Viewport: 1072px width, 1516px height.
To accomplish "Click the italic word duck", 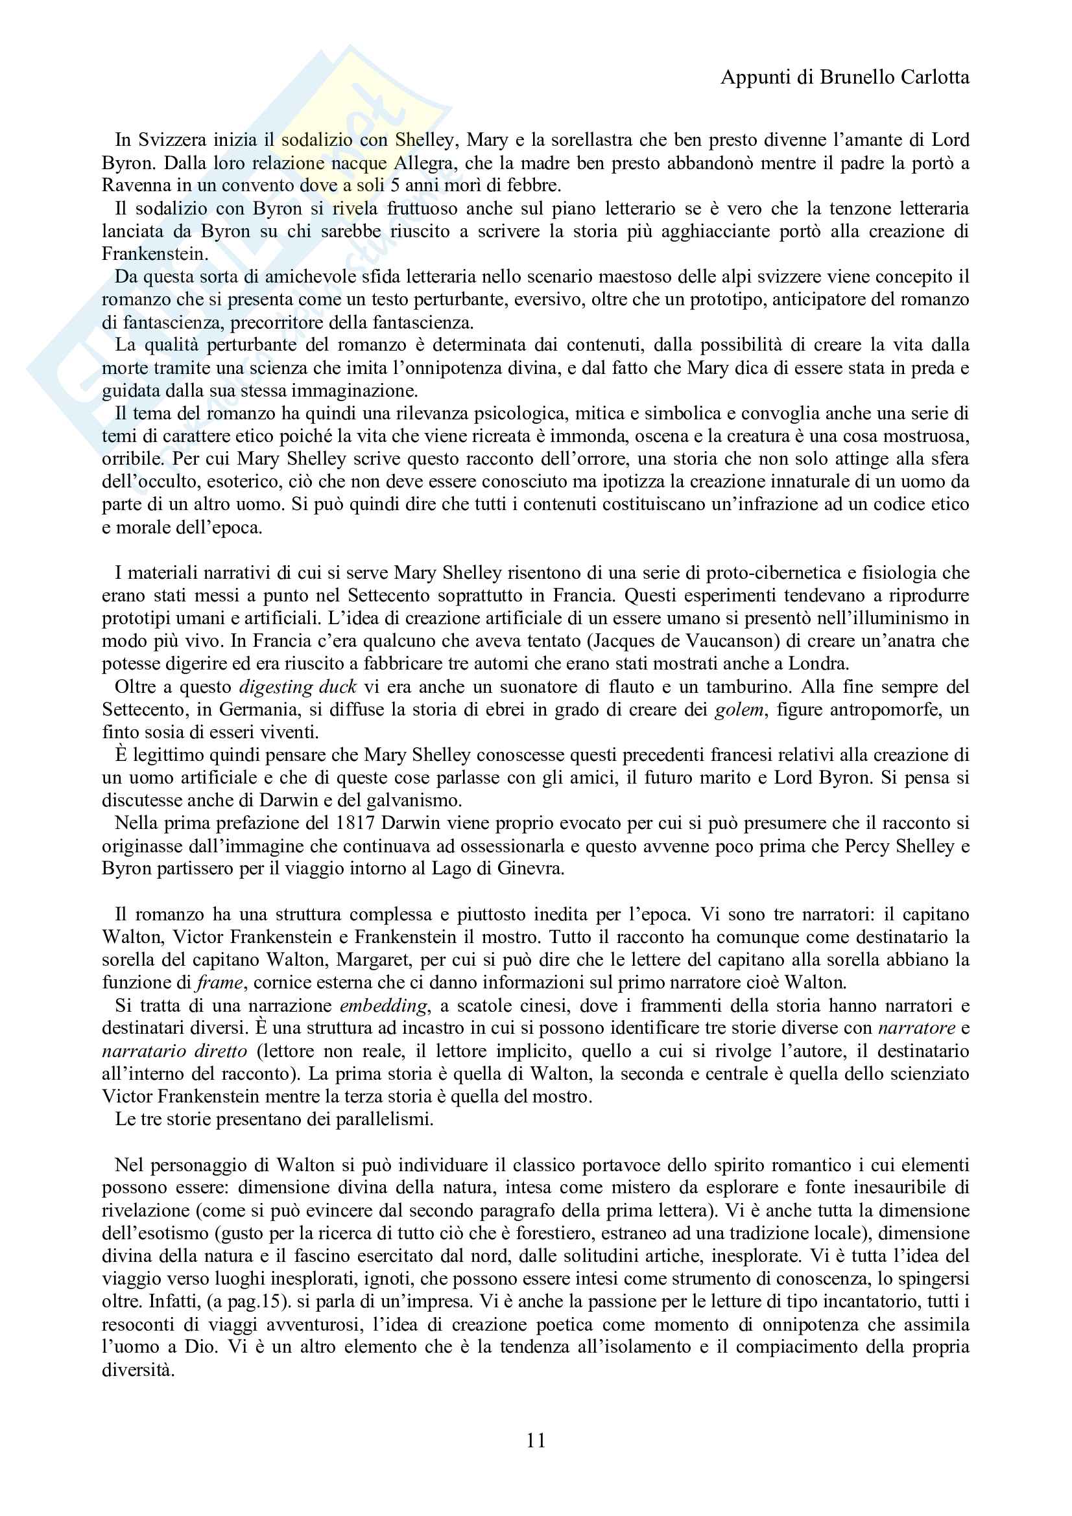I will [337, 686].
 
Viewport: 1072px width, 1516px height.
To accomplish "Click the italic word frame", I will [220, 983].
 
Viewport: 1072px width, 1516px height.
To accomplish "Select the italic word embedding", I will [384, 1007].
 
